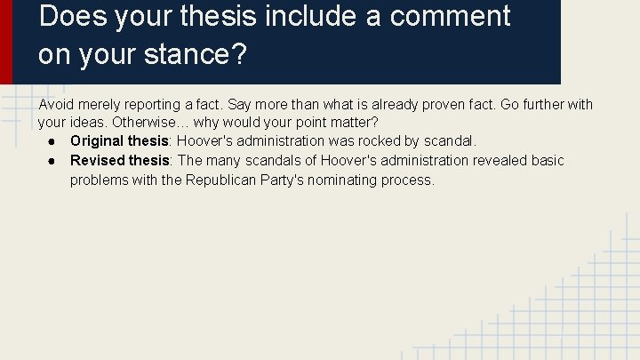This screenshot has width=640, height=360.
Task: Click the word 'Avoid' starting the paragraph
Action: point(55,105)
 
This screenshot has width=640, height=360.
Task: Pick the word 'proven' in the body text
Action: point(429,105)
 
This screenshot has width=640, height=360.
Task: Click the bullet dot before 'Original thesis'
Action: point(54,141)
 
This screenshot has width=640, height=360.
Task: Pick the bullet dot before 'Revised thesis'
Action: point(54,161)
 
